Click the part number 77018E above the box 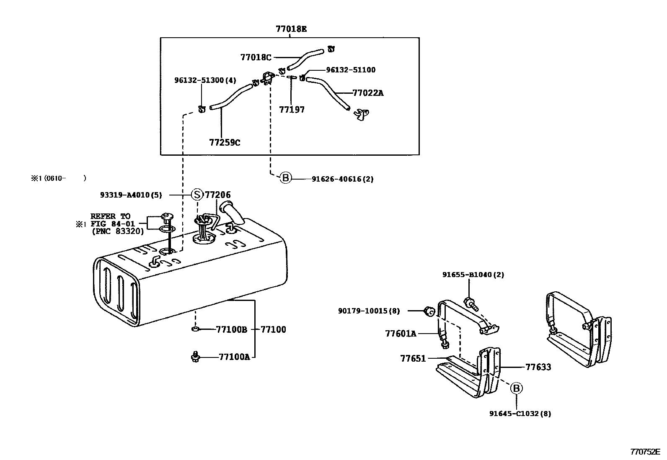pos(291,29)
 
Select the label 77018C pos(256,57)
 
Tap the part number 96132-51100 pos(351,70)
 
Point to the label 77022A pos(368,93)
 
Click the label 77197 pos(292,110)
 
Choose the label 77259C pos(225,142)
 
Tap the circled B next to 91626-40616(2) pos(285,178)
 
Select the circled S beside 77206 pos(197,195)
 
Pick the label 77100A pos(234,357)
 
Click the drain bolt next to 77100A pos(195,357)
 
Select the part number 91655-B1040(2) pos(473,275)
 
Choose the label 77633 pos(538,367)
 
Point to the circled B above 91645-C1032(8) pos(516,388)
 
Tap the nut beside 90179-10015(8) pos(429,311)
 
